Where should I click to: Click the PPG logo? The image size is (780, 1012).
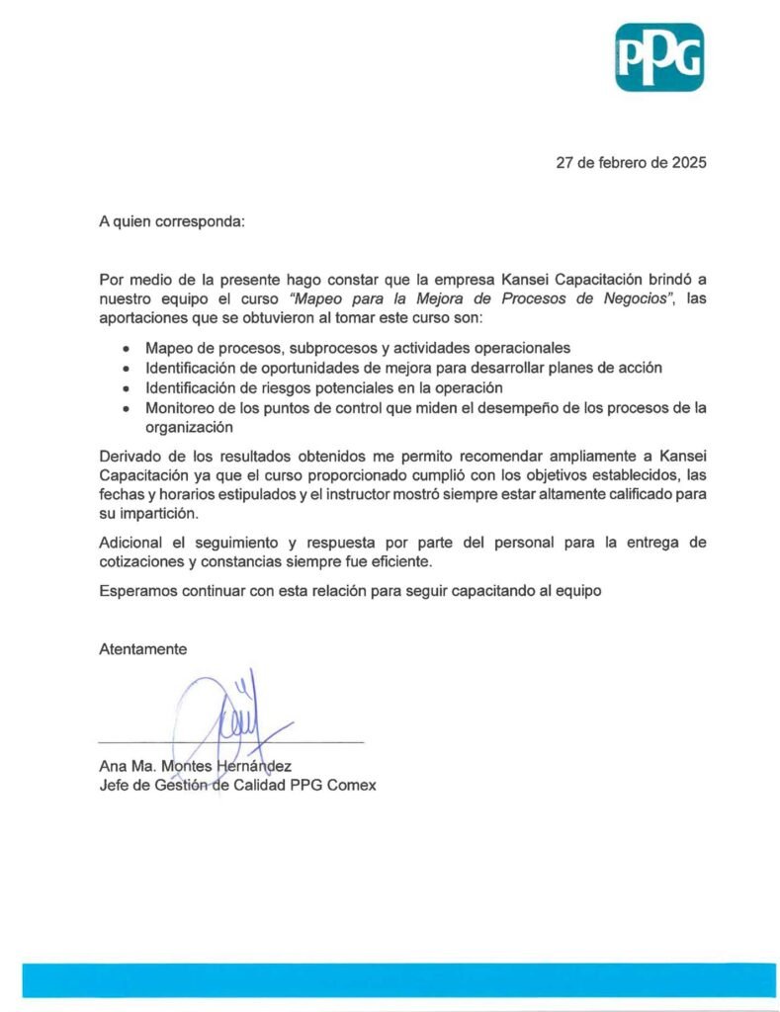click(x=659, y=57)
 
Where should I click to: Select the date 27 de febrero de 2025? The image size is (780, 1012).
click(x=631, y=164)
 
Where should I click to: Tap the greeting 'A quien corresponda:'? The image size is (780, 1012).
click(x=171, y=221)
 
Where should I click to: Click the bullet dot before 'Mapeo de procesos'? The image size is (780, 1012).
click(x=126, y=350)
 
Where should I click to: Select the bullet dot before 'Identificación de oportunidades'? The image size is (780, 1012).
click(x=126, y=369)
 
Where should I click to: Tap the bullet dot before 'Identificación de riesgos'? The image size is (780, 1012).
click(x=126, y=388)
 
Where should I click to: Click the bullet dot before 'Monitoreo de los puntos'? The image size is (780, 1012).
click(x=126, y=408)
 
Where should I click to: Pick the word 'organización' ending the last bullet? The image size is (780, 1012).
click(x=189, y=428)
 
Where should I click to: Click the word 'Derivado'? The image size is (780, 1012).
click(x=130, y=457)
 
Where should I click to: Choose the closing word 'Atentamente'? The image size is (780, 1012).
click(x=142, y=649)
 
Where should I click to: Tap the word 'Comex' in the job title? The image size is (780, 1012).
click(x=354, y=785)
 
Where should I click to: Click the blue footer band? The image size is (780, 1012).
click(x=390, y=980)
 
